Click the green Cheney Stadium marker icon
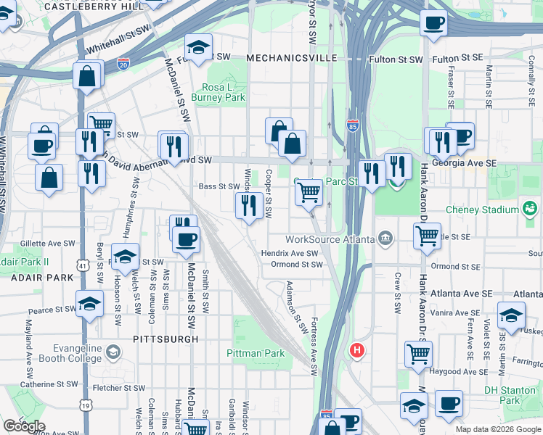[x=531, y=210]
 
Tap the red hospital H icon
[x=356, y=351]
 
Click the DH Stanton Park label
[x=512, y=395]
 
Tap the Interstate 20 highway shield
[x=124, y=64]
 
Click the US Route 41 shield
[x=84, y=267]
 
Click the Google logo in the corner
[x=23, y=426]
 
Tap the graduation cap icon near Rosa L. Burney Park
[x=198, y=49]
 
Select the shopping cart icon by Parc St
[x=309, y=193]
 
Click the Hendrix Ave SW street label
[x=290, y=253]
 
